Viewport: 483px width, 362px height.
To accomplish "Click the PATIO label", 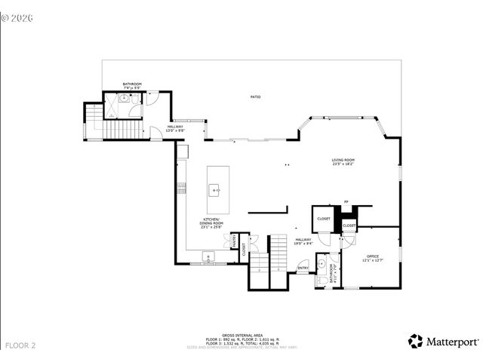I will tap(256, 97).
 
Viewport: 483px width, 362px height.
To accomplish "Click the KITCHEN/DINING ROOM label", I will tap(211, 221).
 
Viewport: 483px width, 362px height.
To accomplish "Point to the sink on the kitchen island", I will tap(215, 191).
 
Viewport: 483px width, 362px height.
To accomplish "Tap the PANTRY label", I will tap(235, 243).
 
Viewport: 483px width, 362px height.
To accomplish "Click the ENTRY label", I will tap(303, 268).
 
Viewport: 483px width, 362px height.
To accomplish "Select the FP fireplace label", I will tap(346, 202).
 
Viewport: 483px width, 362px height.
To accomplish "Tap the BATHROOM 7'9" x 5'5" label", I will tap(132, 86).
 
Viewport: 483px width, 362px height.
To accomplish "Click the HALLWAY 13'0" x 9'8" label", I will tap(174, 128).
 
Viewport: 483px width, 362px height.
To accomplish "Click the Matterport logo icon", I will tap(415, 341).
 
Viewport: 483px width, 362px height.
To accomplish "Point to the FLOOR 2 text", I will tap(20, 345).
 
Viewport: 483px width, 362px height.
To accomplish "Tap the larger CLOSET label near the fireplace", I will tap(324, 219).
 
